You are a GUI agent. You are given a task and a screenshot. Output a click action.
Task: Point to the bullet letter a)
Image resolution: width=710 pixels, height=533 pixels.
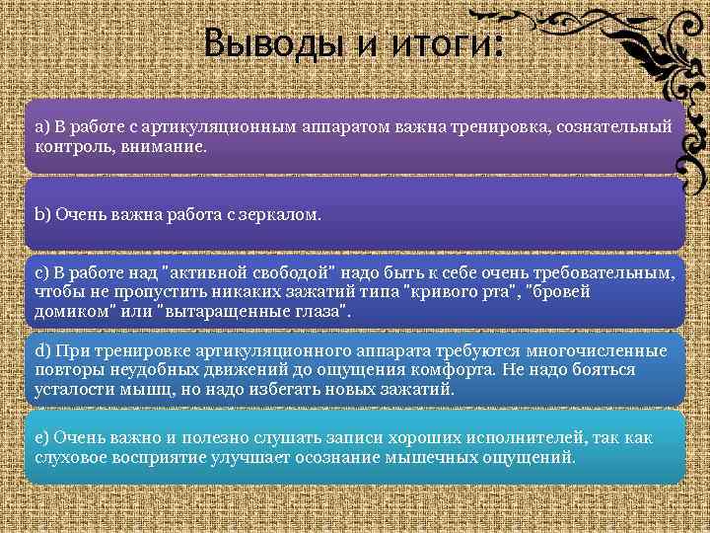pyautogui.click(x=42, y=127)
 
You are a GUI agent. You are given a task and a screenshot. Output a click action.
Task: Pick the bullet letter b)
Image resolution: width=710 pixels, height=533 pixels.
pyautogui.click(x=42, y=212)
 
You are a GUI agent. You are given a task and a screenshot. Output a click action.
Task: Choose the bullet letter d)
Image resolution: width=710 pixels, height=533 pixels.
pyautogui.click(x=42, y=351)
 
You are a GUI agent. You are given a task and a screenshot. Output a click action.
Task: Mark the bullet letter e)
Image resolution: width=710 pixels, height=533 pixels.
pyautogui.click(x=42, y=435)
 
